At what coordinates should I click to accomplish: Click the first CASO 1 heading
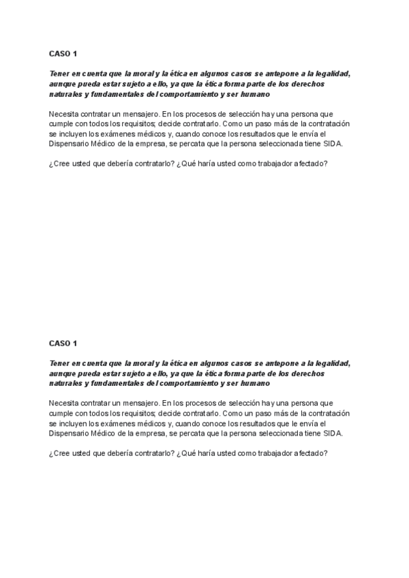tap(63, 52)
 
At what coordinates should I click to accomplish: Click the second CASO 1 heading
tap(63, 343)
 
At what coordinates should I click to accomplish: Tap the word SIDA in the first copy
tap(333, 144)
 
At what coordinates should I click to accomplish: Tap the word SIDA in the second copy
tap(333, 433)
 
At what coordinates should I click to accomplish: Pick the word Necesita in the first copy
tap(63, 114)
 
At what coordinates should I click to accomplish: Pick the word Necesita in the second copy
tap(63, 404)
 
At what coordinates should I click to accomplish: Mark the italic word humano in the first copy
tap(254, 93)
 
